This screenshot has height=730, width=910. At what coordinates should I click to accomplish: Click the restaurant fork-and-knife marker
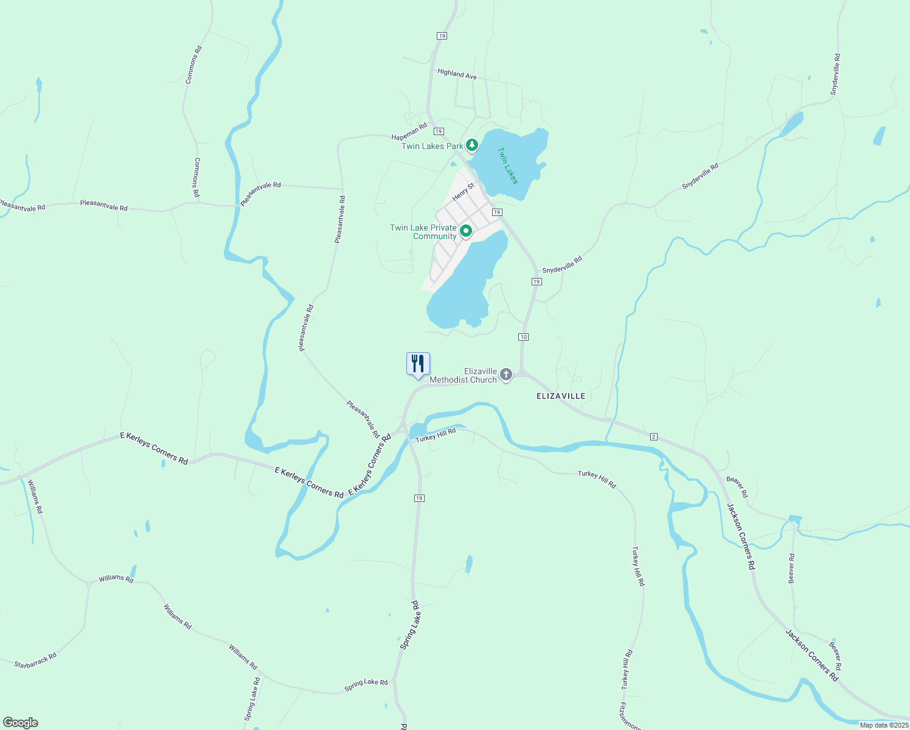(x=418, y=364)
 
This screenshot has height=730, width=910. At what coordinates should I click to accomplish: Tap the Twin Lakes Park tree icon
(x=471, y=145)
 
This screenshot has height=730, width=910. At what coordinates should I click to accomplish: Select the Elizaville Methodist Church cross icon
(x=506, y=375)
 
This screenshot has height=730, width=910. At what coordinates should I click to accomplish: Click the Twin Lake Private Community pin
(x=466, y=231)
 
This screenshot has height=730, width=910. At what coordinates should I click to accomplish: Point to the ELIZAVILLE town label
(x=561, y=396)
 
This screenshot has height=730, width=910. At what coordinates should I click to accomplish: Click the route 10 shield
(x=524, y=337)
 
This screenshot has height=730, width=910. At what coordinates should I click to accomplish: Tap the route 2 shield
(x=654, y=437)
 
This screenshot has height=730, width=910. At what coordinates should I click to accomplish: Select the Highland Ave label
(x=457, y=74)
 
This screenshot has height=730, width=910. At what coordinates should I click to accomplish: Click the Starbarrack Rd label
(x=35, y=661)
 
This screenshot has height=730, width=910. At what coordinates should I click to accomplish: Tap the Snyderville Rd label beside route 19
(x=562, y=265)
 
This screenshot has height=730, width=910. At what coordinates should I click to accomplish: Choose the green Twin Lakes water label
(x=507, y=165)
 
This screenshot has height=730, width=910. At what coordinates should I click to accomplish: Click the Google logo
(x=21, y=723)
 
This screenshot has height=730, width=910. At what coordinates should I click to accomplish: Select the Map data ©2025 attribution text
(x=884, y=725)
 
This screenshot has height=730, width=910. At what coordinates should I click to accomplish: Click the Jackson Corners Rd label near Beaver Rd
(x=741, y=536)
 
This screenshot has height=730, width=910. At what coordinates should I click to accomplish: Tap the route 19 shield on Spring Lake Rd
(x=419, y=498)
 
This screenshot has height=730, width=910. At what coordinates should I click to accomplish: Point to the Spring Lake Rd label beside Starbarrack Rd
(x=252, y=699)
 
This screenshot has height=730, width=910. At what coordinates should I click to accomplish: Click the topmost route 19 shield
(x=442, y=36)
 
